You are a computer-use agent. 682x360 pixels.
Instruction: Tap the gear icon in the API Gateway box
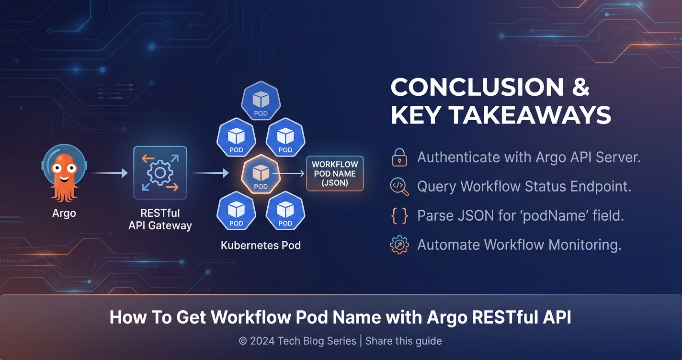(x=160, y=173)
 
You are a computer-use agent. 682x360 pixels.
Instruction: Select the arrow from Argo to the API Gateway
(x=110, y=173)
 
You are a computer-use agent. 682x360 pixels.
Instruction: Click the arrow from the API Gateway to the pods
(x=211, y=173)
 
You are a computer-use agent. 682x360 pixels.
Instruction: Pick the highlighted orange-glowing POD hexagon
(x=261, y=174)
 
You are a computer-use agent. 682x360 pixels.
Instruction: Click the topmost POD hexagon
(x=261, y=101)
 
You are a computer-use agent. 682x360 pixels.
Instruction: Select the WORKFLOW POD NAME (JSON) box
(x=335, y=173)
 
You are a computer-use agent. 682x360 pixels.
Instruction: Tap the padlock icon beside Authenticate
(x=399, y=157)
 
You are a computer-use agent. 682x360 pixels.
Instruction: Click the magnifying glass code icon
(x=399, y=187)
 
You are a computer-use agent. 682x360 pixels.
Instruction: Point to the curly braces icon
(x=399, y=216)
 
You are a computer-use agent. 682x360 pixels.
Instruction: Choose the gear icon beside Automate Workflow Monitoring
(x=399, y=245)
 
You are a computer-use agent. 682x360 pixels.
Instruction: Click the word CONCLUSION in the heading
(x=477, y=87)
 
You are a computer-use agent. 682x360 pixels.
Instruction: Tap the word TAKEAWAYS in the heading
(x=530, y=115)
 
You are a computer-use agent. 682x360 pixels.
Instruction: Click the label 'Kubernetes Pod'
(x=261, y=245)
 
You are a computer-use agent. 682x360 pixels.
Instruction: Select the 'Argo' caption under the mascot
(x=64, y=213)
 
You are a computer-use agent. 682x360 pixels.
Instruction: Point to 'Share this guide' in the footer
(x=403, y=341)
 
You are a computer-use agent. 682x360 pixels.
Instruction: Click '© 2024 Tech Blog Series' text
(x=297, y=341)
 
